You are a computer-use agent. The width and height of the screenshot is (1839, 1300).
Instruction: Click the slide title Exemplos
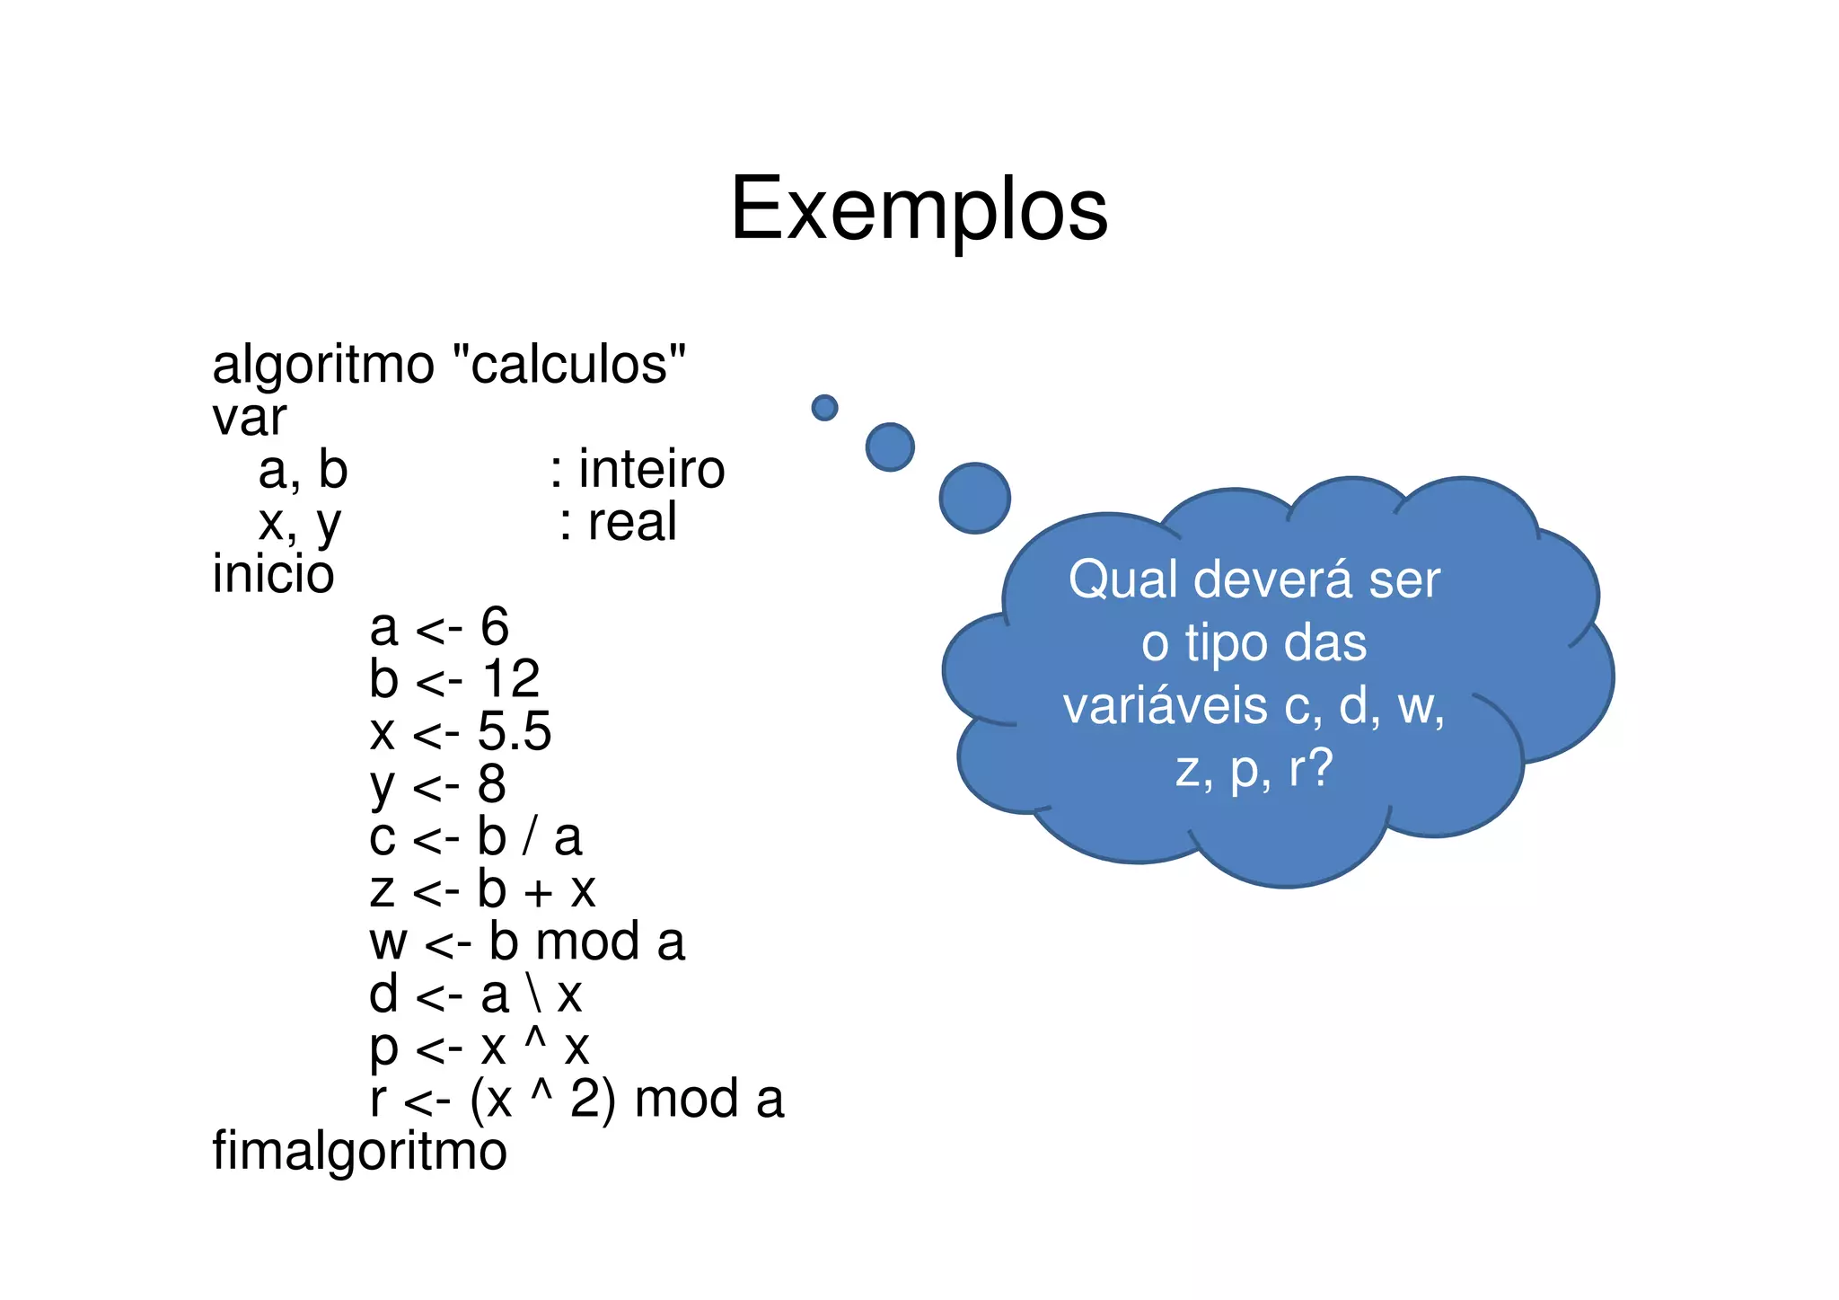(919, 208)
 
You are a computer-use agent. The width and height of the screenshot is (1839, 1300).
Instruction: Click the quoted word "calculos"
(569, 364)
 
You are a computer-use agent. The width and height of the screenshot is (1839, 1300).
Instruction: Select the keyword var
(249, 418)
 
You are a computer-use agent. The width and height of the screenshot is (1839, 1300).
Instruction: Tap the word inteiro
(651, 469)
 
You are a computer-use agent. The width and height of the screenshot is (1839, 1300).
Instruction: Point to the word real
(631, 522)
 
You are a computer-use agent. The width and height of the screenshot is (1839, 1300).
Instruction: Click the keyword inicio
(273, 574)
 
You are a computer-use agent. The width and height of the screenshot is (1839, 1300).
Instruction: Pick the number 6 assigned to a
(494, 626)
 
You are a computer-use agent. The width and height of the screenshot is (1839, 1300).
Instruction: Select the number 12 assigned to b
(511, 678)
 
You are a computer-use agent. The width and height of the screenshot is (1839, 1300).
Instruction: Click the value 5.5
(514, 731)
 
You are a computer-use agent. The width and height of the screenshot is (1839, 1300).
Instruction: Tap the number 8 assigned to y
(491, 783)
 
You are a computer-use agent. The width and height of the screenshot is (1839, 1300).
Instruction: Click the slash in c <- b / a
(530, 837)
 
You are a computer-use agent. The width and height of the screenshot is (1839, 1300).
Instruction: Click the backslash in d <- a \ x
(533, 995)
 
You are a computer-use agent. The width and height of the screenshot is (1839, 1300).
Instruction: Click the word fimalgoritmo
(359, 1152)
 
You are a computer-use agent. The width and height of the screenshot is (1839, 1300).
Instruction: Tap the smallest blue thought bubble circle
(824, 408)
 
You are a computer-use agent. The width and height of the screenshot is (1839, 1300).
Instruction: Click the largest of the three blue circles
(975, 498)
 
